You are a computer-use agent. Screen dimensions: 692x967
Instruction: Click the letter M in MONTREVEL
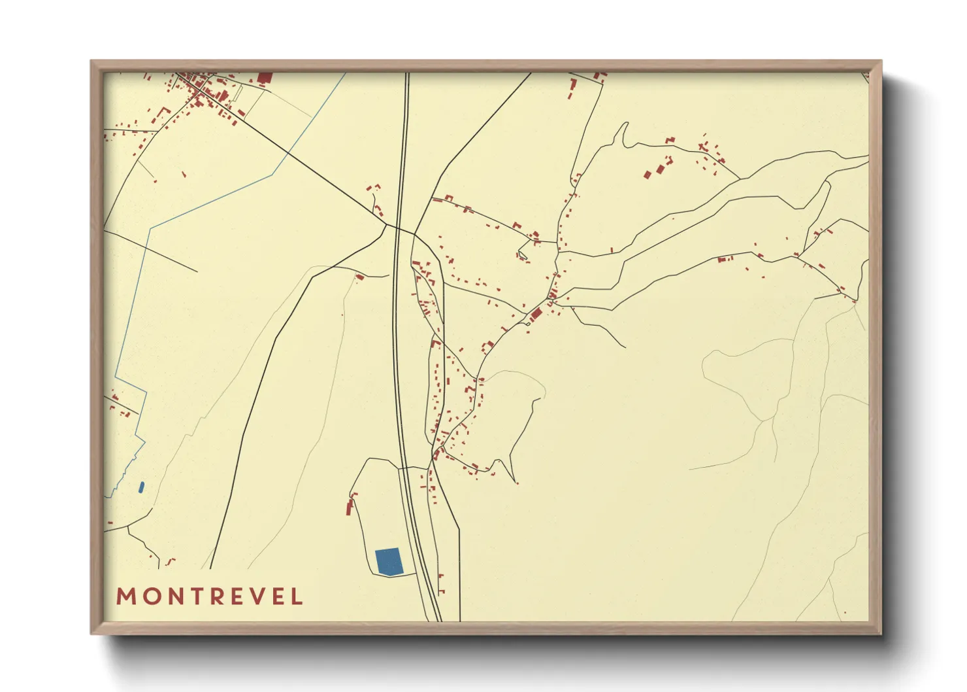coord(125,597)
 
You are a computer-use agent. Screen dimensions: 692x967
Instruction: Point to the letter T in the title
coord(193,597)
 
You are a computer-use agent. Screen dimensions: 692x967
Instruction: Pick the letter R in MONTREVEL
coord(214,597)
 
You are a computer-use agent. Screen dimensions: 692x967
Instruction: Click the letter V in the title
coord(257,597)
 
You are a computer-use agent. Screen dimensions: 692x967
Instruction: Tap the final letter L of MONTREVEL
coord(298,597)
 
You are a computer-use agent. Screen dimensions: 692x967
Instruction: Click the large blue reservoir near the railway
coord(389,562)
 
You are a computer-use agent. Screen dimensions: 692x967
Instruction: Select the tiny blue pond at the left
coord(141,487)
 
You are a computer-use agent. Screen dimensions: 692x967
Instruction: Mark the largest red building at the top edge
coord(265,78)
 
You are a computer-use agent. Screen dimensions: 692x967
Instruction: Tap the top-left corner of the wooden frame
coord(91,61)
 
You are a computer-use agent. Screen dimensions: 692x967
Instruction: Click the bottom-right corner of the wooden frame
coord(881,633)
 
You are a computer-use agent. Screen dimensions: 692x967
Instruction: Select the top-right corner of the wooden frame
coord(881,61)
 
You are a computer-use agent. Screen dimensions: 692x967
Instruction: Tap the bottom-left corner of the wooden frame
coord(91,633)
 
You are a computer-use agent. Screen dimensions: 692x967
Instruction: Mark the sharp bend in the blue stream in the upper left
coord(151,228)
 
